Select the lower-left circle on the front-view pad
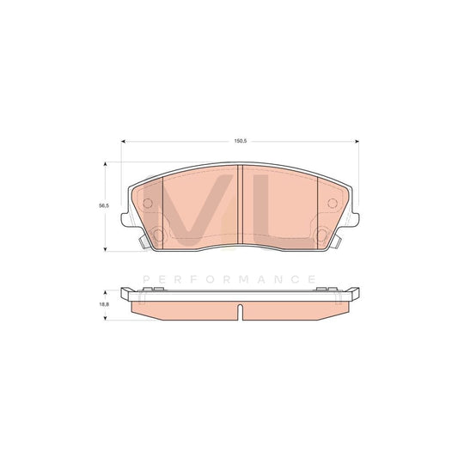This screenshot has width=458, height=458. click(158, 233)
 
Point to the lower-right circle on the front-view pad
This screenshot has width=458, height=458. click(320, 233)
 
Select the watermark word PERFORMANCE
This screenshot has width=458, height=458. click(229, 279)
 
